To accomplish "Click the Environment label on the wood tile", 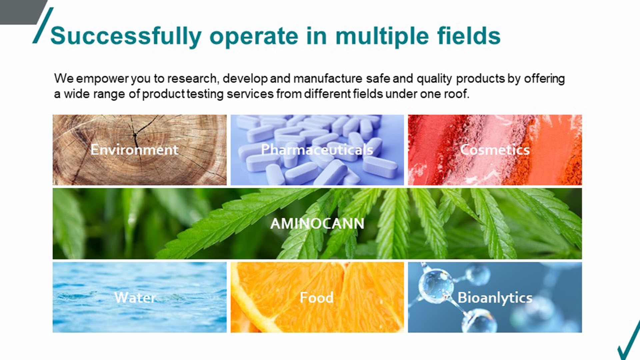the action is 134,150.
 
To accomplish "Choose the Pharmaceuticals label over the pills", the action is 317,150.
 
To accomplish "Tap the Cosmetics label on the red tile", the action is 495,150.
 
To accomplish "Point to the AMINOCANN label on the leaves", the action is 317,223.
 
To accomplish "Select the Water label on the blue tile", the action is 135,297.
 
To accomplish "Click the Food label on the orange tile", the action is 316,297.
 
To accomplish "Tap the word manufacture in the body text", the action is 328,79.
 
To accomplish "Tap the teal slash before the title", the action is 43,25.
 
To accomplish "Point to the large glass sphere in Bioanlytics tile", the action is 436,284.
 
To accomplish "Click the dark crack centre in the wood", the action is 135,135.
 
